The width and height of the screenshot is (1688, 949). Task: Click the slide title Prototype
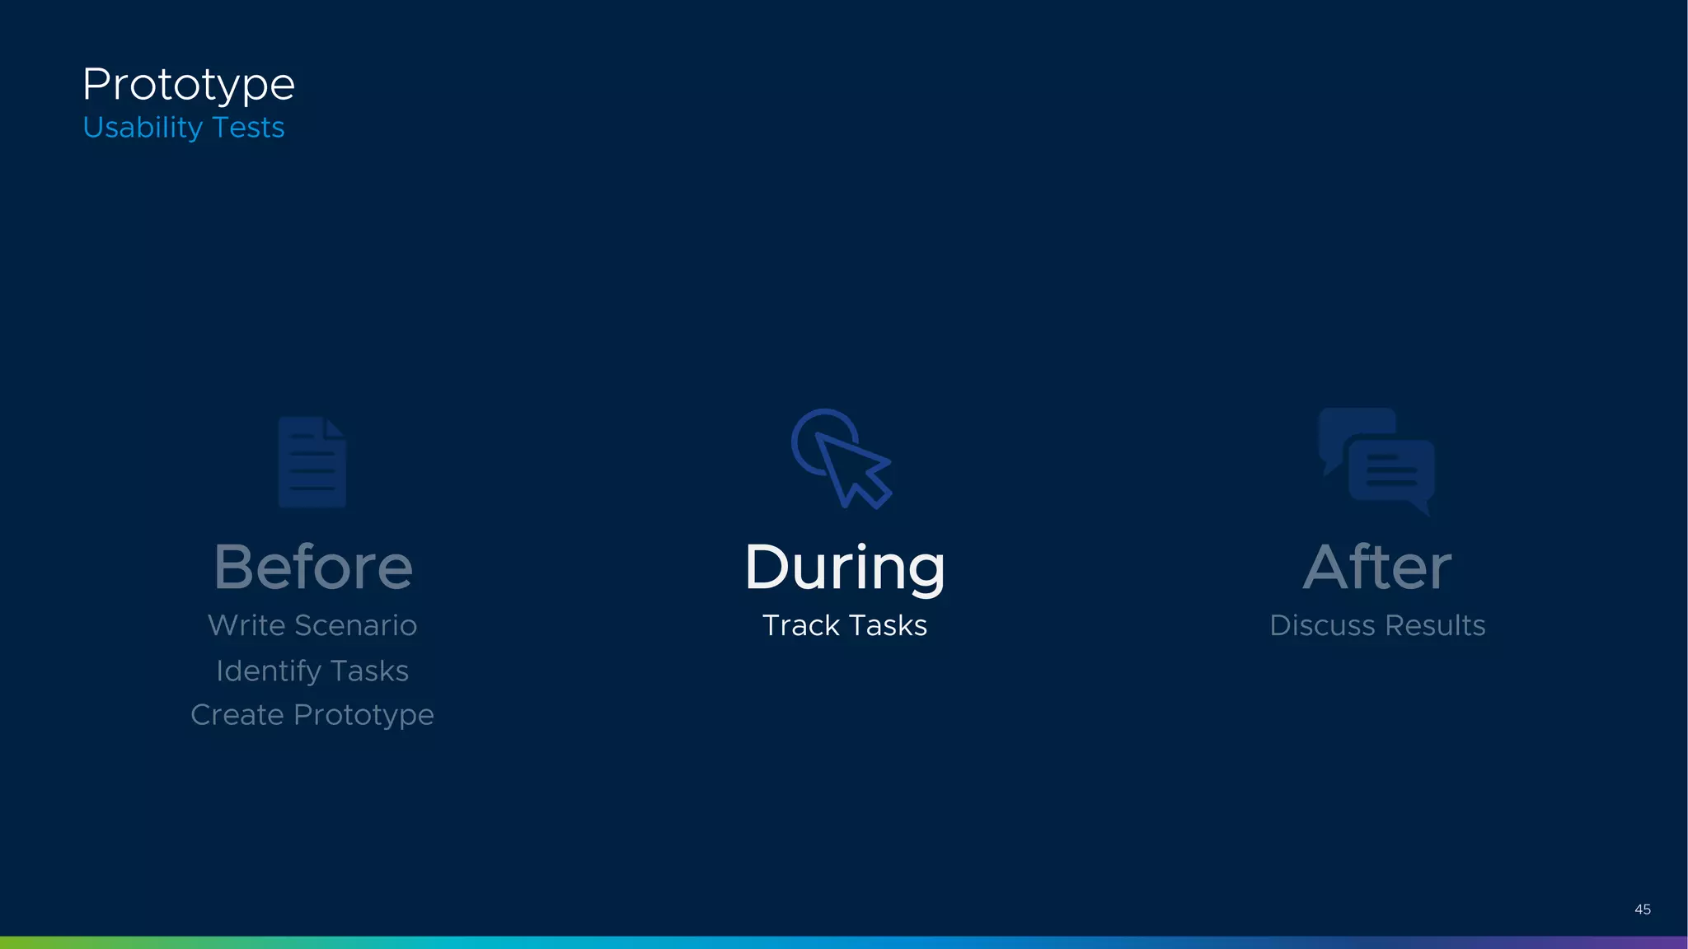point(188,85)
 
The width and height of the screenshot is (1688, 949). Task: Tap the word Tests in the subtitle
point(248,128)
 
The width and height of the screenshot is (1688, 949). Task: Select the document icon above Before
point(312,462)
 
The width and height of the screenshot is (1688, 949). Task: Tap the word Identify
point(269,671)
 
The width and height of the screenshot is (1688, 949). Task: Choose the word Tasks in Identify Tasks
point(369,671)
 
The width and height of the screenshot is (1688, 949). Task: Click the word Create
point(237,715)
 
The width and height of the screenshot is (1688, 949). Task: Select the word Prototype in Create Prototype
point(363,715)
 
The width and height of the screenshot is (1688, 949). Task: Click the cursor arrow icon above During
point(842,460)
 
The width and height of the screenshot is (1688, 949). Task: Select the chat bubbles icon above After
point(1376,461)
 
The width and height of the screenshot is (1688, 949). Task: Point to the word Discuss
point(1321,625)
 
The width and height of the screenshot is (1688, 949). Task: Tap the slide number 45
point(1642,909)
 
